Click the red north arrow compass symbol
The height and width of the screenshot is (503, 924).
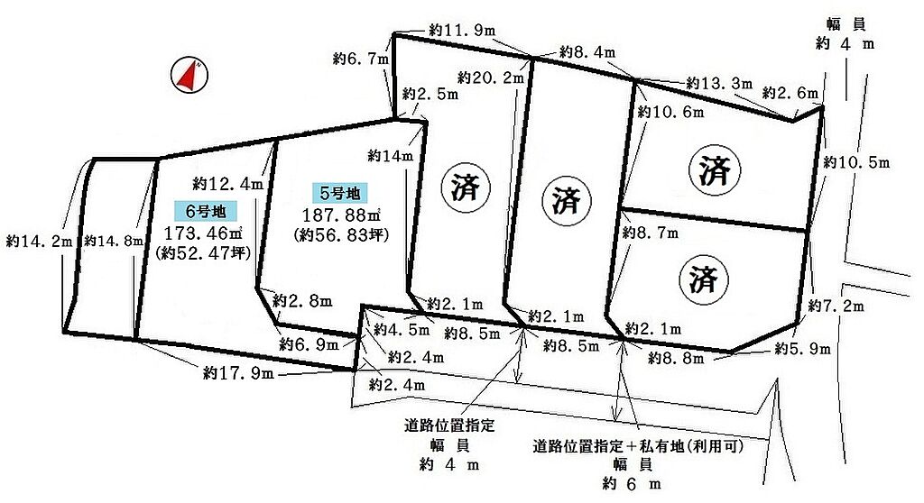pyautogui.click(x=189, y=75)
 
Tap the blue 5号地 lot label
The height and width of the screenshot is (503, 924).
pyautogui.click(x=340, y=192)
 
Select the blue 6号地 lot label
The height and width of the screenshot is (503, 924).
pyautogui.click(x=207, y=210)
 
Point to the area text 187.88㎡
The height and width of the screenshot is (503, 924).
pyautogui.click(x=340, y=215)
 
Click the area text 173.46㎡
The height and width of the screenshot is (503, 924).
pyautogui.click(x=203, y=233)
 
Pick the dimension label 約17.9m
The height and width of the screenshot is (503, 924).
pyautogui.click(x=238, y=373)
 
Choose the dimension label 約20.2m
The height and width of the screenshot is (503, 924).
pyautogui.click(x=491, y=78)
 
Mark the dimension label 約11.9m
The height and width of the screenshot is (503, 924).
pyautogui.click(x=462, y=30)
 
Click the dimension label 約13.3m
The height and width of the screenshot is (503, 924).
pyautogui.click(x=719, y=83)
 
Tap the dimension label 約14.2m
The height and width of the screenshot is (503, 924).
pyautogui.click(x=39, y=241)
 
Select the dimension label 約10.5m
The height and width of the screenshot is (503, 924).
pyautogui.click(x=856, y=162)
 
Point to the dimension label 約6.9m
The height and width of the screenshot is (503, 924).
pyautogui.click(x=309, y=344)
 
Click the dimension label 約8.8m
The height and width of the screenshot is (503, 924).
pyautogui.click(x=675, y=358)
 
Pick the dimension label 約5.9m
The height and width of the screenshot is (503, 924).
pyautogui.click(x=802, y=349)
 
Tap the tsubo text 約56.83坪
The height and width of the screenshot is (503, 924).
pyautogui.click(x=341, y=235)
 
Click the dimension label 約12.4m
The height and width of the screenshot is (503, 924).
pyautogui.click(x=227, y=184)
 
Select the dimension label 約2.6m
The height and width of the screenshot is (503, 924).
pyautogui.click(x=790, y=93)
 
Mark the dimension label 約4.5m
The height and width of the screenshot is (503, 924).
pyautogui.click(x=402, y=329)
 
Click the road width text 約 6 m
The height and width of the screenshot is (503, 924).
pyautogui.click(x=632, y=484)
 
